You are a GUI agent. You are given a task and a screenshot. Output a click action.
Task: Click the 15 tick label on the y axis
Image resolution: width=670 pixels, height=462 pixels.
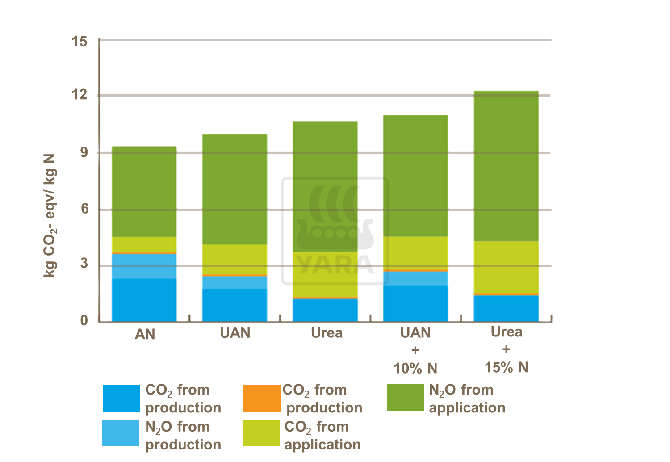coord(80,42)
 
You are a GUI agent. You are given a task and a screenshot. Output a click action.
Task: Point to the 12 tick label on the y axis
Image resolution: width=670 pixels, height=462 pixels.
coord(80,95)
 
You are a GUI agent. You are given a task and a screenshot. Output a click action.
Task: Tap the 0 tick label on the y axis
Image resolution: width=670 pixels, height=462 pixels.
coord(84,320)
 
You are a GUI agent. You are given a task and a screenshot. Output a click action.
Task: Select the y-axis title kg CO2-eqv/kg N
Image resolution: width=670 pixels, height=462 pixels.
coord(50,215)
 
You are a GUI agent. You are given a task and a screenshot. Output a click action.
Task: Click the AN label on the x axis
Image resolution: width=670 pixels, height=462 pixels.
coord(145,334)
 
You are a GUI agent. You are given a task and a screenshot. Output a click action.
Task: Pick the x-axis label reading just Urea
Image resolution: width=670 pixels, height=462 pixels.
coord(327,333)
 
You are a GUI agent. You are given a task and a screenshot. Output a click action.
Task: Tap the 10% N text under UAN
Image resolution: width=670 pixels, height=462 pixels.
coord(415,368)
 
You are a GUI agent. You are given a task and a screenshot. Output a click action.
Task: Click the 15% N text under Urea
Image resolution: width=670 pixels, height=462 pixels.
coord(506,367)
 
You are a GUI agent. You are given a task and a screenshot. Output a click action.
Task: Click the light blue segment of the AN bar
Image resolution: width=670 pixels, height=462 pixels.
coord(144,266)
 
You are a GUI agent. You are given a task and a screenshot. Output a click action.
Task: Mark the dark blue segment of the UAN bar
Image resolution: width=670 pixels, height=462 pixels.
coord(234,305)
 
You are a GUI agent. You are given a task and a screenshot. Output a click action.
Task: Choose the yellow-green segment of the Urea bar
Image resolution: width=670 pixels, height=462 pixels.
coord(325,274)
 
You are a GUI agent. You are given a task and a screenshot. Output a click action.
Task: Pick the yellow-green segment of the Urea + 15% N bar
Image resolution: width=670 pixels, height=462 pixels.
coord(506,267)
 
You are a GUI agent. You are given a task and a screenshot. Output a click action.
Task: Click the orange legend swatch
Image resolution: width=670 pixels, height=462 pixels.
coord(262,398)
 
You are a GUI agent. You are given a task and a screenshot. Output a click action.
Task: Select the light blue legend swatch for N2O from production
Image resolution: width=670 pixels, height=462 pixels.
coord(121,433)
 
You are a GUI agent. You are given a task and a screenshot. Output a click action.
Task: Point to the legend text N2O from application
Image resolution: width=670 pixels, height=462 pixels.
coord(467,399)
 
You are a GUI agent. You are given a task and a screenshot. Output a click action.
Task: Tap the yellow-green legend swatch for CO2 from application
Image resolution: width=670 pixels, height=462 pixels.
coord(262,433)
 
